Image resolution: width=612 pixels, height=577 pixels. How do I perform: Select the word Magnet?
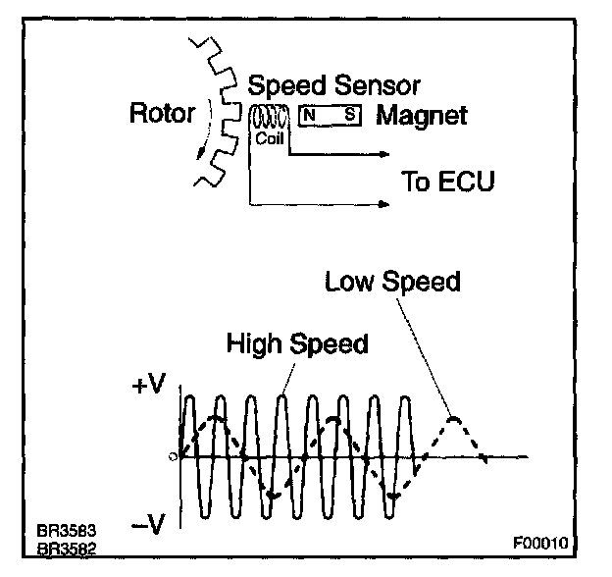(422, 116)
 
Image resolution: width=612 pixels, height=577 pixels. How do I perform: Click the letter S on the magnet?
(349, 115)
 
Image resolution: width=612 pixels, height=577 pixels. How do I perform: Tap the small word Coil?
(268, 138)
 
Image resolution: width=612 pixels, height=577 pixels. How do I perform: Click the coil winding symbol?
(268, 117)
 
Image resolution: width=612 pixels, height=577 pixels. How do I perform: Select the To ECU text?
(447, 182)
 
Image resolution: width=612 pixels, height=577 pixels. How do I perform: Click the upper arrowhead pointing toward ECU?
(385, 154)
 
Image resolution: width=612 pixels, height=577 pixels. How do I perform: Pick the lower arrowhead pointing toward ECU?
(385, 205)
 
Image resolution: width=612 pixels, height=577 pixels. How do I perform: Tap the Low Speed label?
(392, 283)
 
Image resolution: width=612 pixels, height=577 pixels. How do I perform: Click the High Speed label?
(297, 343)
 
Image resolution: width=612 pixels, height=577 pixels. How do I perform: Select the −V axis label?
(149, 525)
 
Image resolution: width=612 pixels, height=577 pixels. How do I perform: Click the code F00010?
(538, 541)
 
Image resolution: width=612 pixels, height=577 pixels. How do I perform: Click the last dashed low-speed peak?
(453, 420)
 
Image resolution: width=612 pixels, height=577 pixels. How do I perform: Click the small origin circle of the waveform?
(174, 456)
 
